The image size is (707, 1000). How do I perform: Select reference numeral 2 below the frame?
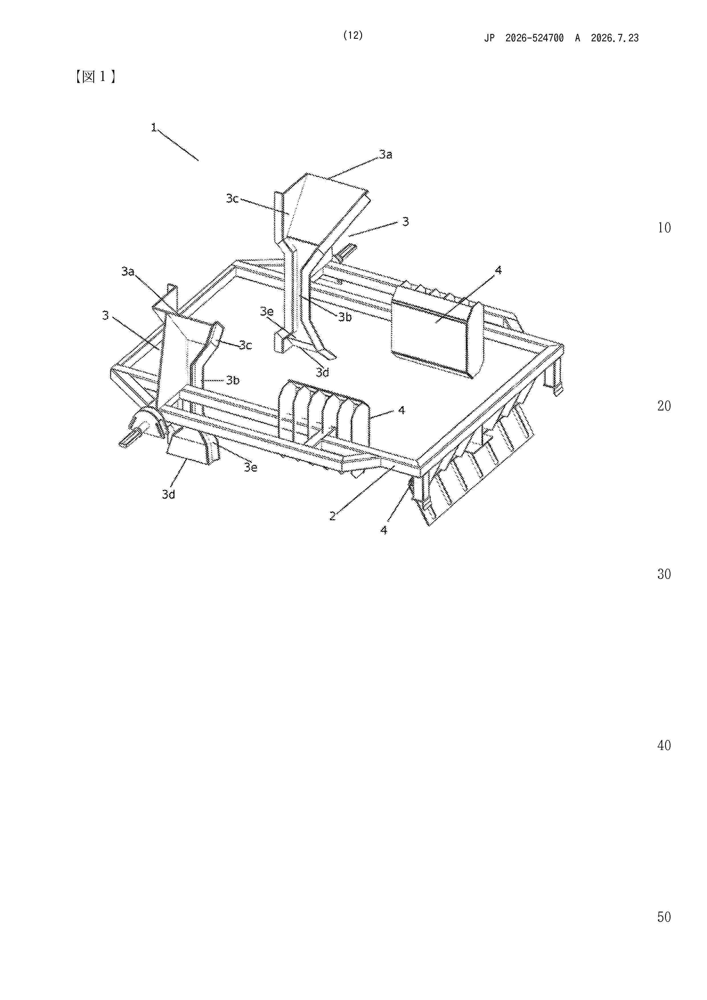coord(332,516)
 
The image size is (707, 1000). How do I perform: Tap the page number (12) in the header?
coord(353,35)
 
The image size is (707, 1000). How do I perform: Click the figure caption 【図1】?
coord(95,77)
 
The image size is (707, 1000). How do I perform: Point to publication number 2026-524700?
coord(535,38)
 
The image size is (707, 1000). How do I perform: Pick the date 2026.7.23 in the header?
coord(615,38)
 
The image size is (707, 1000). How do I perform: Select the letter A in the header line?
coord(577,38)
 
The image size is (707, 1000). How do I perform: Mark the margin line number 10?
coord(664,227)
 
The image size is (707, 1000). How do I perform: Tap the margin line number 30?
coord(664,574)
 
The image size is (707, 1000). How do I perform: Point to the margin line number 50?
coord(664,917)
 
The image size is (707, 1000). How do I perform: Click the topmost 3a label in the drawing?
coord(385,154)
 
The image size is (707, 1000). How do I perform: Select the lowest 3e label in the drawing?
coord(251,467)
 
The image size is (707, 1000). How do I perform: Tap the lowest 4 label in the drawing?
coord(384,530)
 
